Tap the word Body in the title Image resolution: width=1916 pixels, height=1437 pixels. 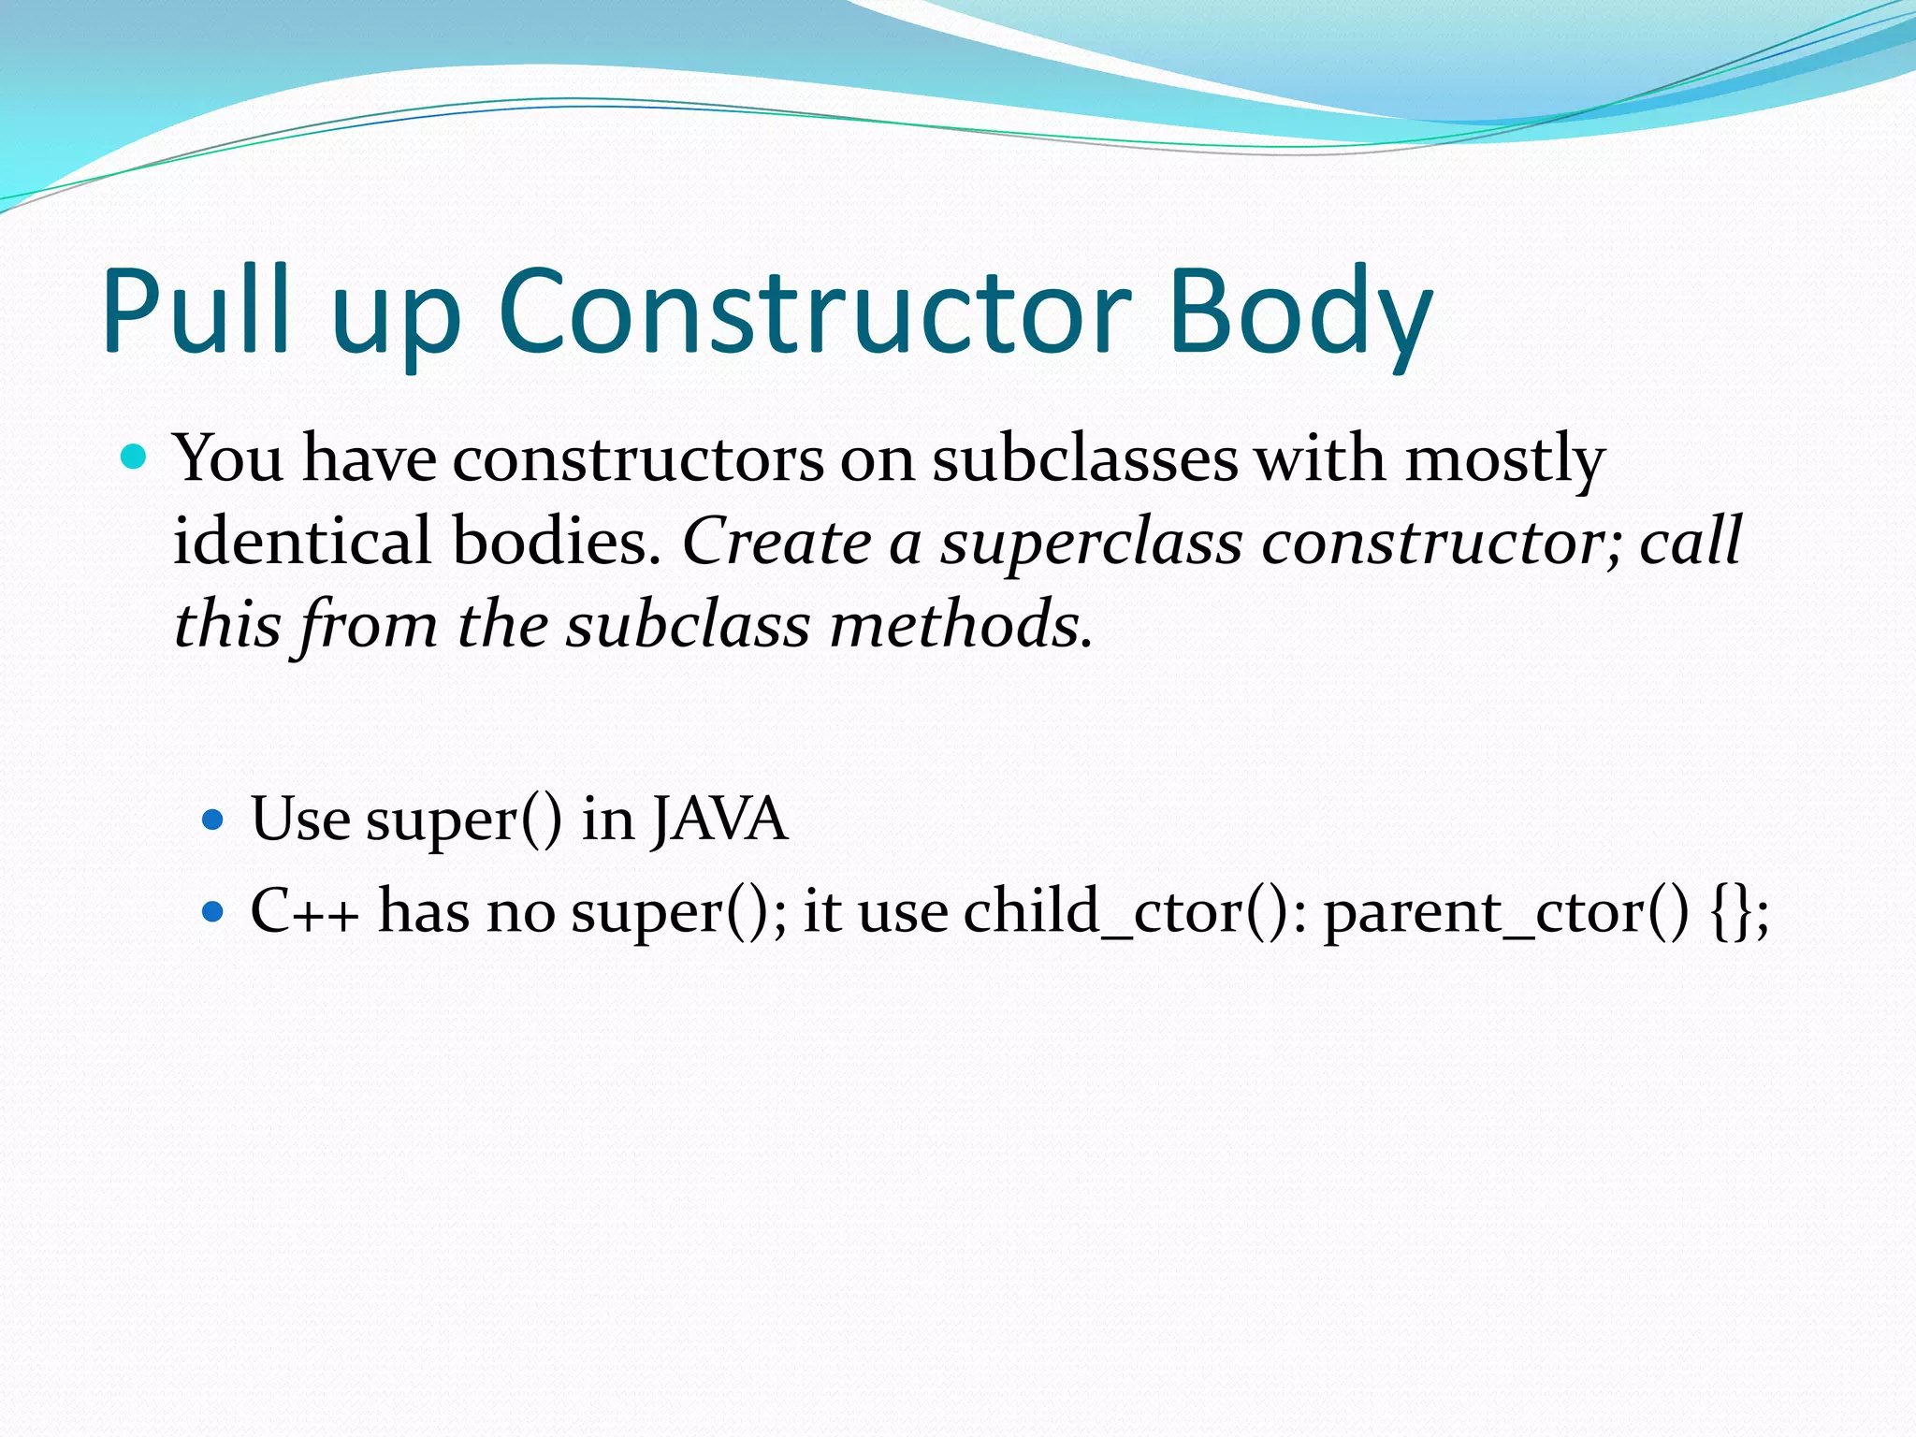pos(1300,313)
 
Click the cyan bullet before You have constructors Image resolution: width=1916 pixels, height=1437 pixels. pos(135,457)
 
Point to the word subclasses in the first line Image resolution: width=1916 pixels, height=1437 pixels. pos(1085,459)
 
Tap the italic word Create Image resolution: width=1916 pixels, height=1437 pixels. pos(777,542)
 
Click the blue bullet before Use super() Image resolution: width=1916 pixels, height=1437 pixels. pos(214,820)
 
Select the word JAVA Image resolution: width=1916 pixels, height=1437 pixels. pos(719,820)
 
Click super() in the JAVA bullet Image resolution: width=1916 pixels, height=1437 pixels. pos(464,821)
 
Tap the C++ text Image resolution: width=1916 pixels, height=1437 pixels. pos(304,910)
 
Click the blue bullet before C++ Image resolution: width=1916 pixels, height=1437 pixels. pos(214,910)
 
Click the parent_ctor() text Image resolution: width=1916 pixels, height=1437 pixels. pos(1506,911)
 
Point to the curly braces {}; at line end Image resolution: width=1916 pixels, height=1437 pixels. pos(1740,911)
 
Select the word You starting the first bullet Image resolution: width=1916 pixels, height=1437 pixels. pos(229,459)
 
